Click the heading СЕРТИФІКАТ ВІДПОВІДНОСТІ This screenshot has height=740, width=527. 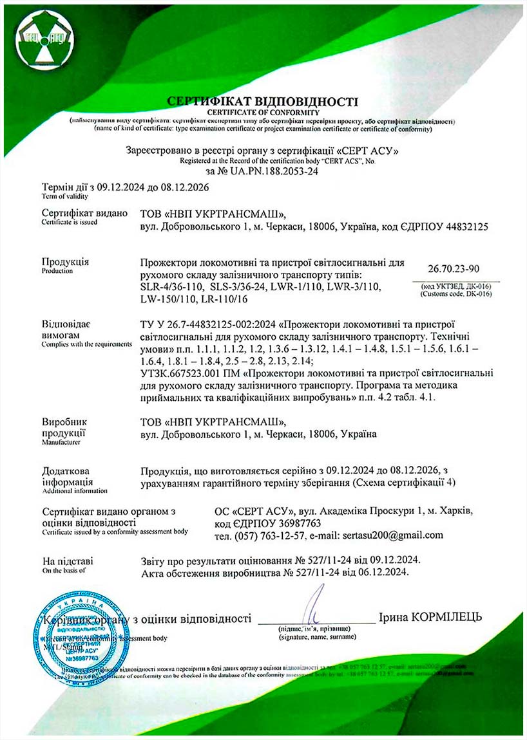[262, 101]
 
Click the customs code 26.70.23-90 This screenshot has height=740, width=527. [453, 268]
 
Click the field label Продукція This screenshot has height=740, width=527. [65, 262]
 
